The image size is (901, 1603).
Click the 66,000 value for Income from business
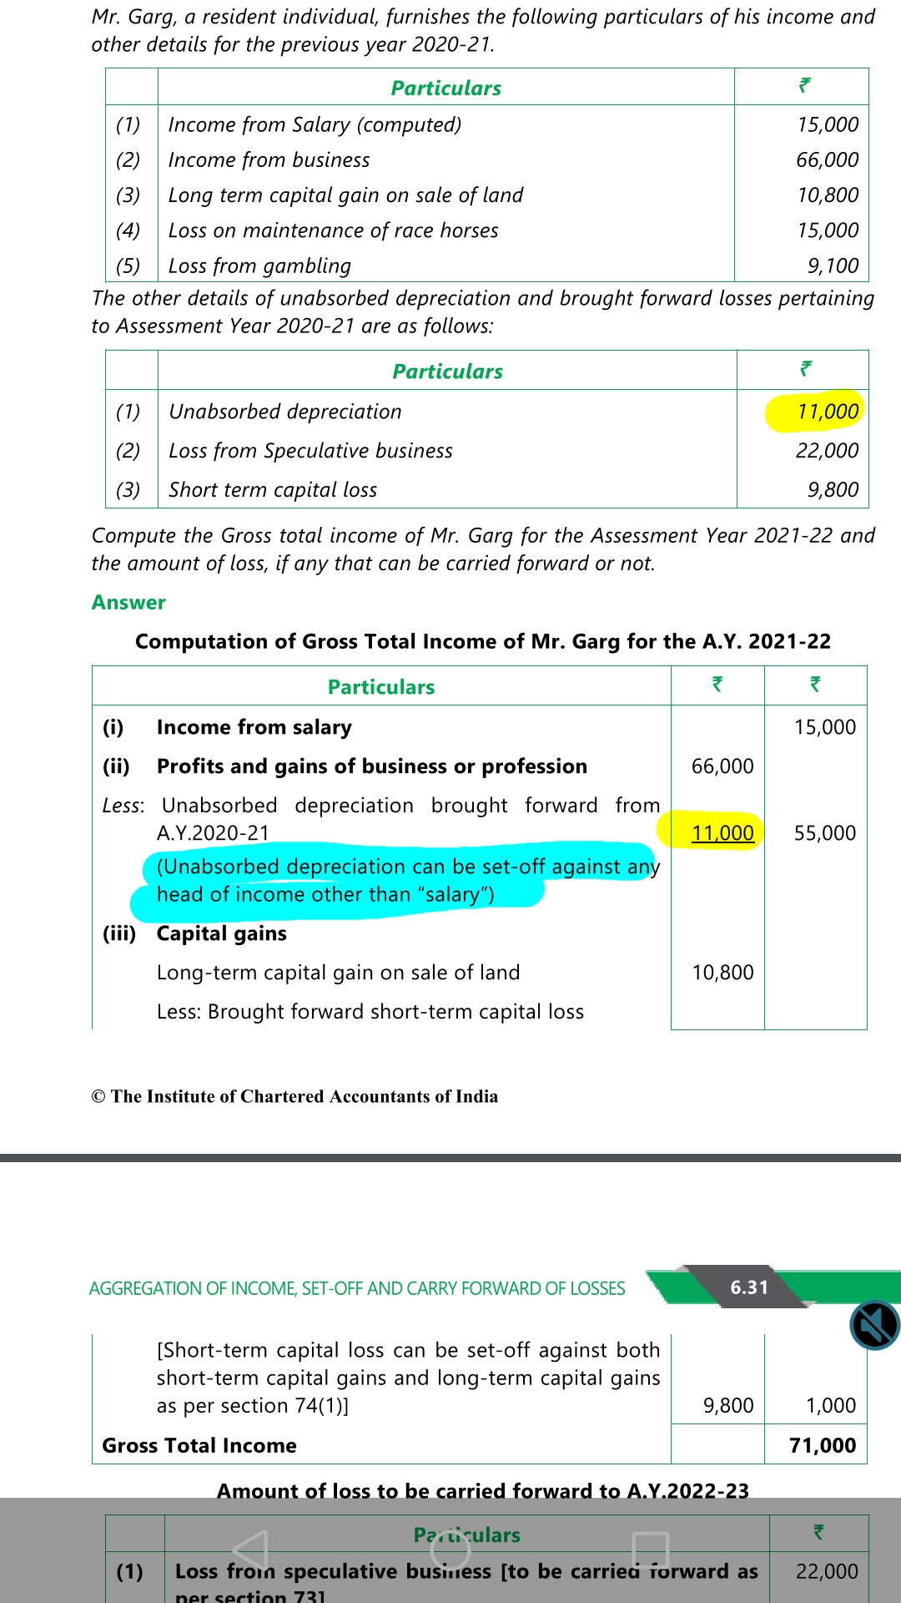pyautogui.click(x=827, y=159)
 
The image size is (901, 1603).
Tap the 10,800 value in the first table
pyautogui.click(x=828, y=195)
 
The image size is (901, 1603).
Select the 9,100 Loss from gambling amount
pyautogui.click(x=833, y=265)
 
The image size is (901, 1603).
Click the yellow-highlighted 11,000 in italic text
pyautogui.click(x=827, y=411)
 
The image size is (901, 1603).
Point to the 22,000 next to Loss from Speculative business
pyautogui.click(x=827, y=450)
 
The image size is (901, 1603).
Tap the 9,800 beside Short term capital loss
pyautogui.click(x=833, y=489)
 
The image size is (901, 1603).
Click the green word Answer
pyautogui.click(x=128, y=602)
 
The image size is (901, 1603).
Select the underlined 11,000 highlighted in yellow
pyautogui.click(x=722, y=832)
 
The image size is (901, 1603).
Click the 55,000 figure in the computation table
pyautogui.click(x=824, y=832)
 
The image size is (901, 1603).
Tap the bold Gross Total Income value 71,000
pyautogui.click(x=823, y=1445)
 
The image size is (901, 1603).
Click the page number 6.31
pyautogui.click(x=749, y=1287)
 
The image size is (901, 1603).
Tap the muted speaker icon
pyautogui.click(x=874, y=1325)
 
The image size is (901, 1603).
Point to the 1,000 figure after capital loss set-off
pyautogui.click(x=831, y=1405)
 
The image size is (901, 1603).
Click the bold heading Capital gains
pyautogui.click(x=221, y=933)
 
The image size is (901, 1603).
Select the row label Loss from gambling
pyautogui.click(x=259, y=265)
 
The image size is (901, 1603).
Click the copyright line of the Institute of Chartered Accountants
pyautogui.click(x=294, y=1096)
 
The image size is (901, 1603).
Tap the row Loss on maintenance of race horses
pyautogui.click(x=333, y=230)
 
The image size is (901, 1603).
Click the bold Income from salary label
pyautogui.click(x=254, y=727)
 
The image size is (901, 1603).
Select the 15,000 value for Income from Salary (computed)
pyautogui.click(x=828, y=124)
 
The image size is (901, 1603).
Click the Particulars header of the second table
pyautogui.click(x=447, y=371)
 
